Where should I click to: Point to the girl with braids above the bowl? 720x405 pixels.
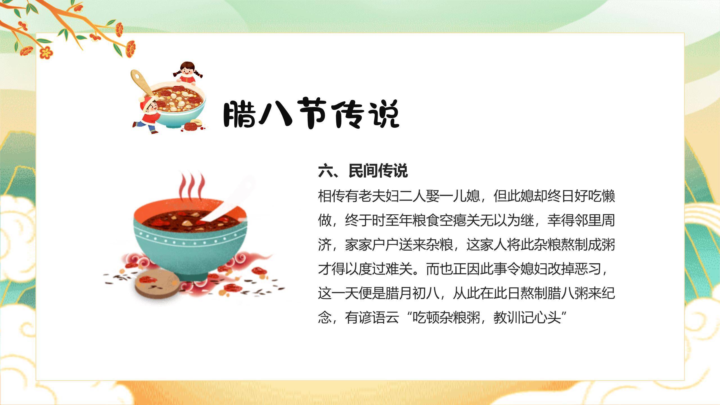click(x=187, y=73)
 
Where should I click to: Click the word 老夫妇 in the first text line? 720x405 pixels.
click(x=379, y=196)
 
